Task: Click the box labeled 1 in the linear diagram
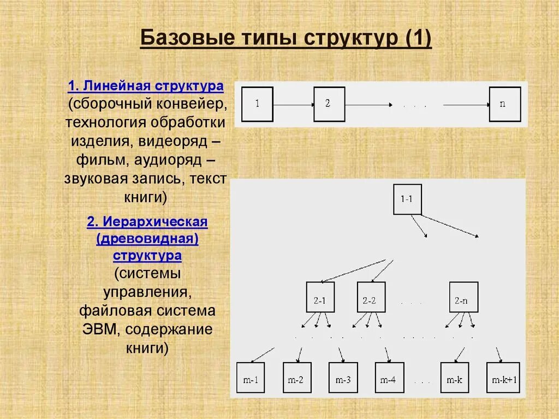pos(257,104)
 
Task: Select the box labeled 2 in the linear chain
pos(329,104)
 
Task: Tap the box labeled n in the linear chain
pos(505,104)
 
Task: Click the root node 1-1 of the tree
pos(407,199)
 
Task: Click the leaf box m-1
pos(250,377)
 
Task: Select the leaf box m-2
pos(296,377)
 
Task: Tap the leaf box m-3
pos(343,377)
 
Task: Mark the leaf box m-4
pos(389,377)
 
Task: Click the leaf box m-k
pos(454,377)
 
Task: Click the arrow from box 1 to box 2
pos(293,104)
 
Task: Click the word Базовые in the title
pos(180,39)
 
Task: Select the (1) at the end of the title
pos(418,39)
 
